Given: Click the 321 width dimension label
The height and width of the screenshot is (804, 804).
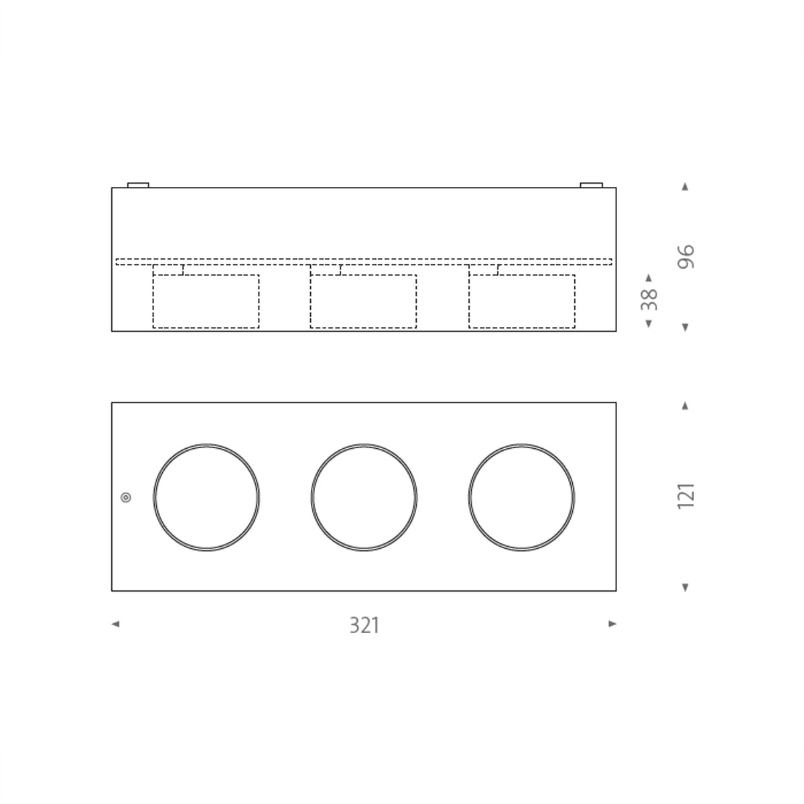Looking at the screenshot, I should [x=364, y=625].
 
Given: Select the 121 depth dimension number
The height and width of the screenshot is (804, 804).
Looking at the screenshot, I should [x=686, y=496].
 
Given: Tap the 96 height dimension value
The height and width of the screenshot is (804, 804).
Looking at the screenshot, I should [x=686, y=257].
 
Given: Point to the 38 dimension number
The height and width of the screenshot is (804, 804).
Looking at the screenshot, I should [x=649, y=299].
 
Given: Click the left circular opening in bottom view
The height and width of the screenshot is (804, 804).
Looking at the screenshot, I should [x=206, y=497].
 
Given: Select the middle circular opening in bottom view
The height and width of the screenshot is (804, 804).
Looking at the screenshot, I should [x=364, y=497].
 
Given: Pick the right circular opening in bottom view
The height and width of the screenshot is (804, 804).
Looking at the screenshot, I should [x=522, y=497].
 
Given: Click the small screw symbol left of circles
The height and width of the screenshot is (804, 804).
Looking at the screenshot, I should [x=126, y=497].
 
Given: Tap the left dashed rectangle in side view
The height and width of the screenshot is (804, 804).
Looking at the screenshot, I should [x=206, y=301].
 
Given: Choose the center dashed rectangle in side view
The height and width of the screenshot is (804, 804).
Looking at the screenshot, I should [x=363, y=301].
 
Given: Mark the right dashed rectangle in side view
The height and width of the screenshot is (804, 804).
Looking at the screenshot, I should [x=522, y=301].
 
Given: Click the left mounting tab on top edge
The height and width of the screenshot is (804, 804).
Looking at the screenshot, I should [x=138, y=184].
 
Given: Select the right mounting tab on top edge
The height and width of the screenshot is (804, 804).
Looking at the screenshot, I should [x=591, y=184].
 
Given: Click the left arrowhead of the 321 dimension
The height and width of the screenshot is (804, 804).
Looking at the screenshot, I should [x=115, y=624].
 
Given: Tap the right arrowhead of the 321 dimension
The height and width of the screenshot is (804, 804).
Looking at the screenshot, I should [x=612, y=624].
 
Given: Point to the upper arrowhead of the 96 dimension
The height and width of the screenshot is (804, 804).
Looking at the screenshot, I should [x=685, y=187].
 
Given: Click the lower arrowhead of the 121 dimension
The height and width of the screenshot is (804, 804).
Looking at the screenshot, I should [x=685, y=588].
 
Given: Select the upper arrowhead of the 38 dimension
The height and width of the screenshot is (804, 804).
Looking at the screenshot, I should [x=648, y=277].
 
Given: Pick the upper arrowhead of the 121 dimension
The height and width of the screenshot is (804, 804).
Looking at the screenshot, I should [x=685, y=405].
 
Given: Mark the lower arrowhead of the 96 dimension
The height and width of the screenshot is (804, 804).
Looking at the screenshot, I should [x=685, y=327].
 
